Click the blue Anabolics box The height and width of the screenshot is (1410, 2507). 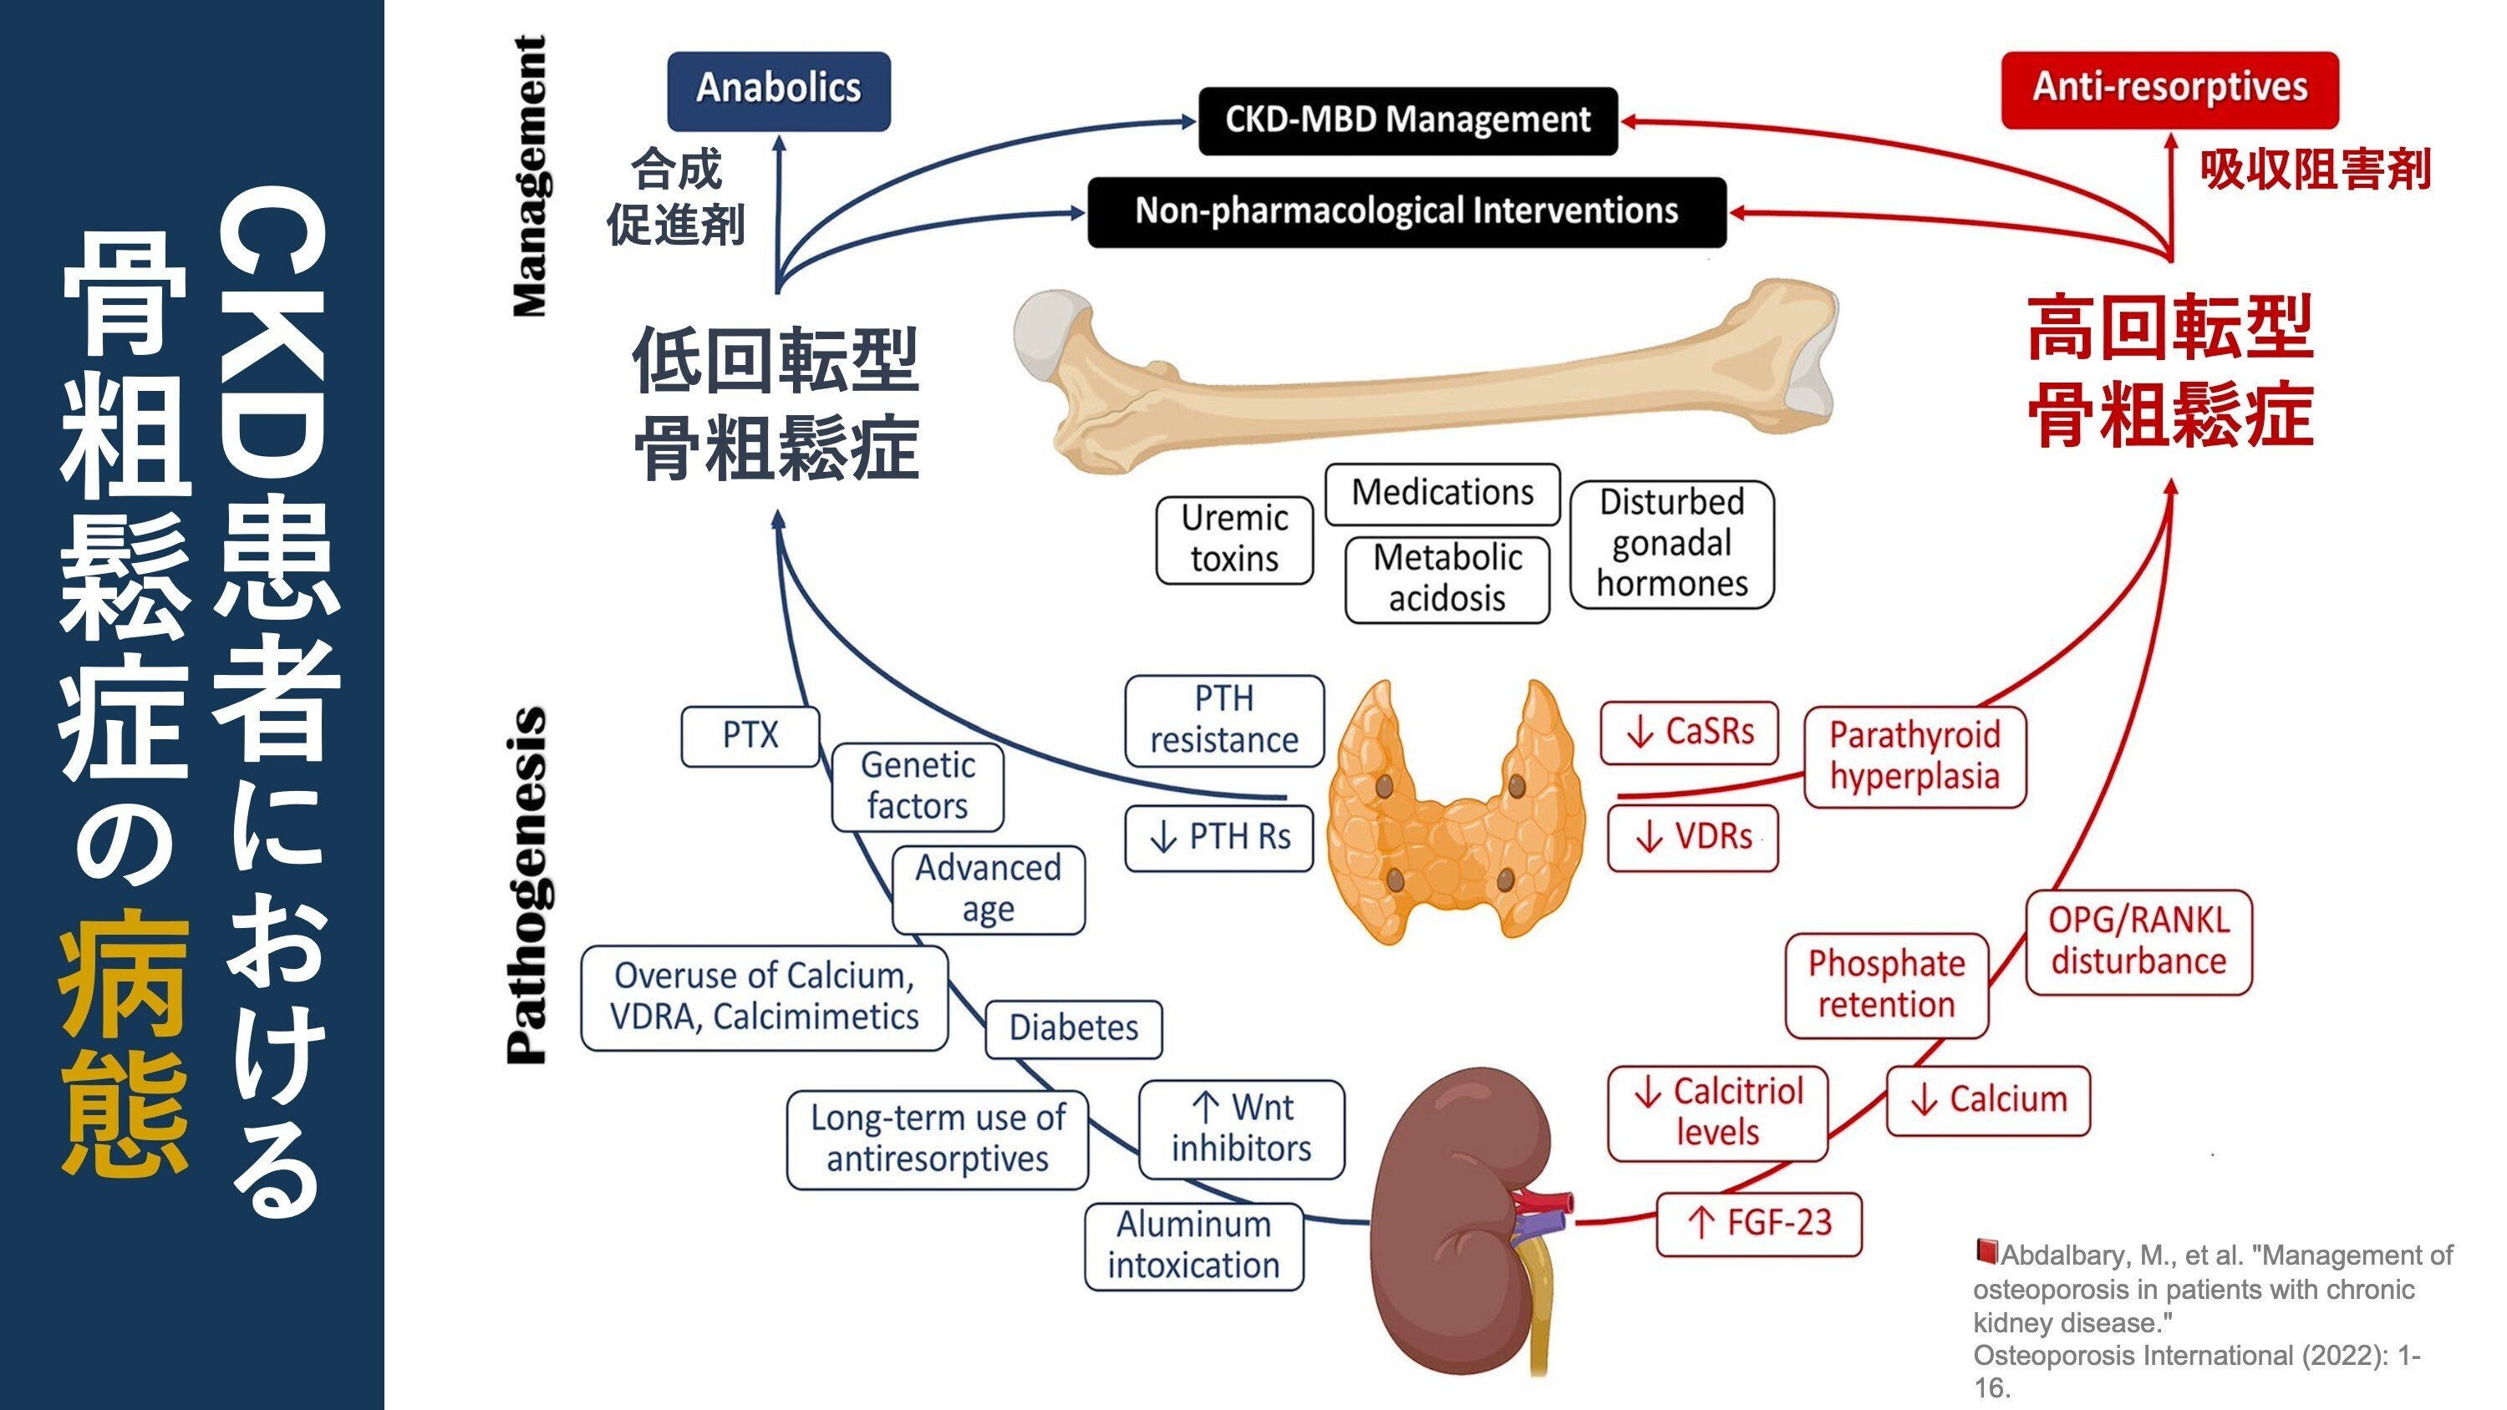[778, 89]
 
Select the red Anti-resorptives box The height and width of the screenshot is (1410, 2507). [2169, 89]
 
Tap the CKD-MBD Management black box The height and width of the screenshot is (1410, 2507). [1407, 120]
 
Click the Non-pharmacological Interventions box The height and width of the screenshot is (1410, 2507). [1406, 211]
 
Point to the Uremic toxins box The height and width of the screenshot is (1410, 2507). [1233, 539]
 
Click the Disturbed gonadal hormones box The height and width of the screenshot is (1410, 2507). [1671, 543]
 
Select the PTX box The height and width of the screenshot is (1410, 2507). [750, 736]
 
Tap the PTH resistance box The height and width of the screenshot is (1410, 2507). [1223, 720]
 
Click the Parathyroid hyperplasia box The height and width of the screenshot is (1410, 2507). [1914, 756]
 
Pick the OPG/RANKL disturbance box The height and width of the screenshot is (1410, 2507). [2138, 941]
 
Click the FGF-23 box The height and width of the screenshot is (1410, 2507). [1758, 1223]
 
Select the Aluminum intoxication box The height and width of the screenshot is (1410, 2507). [1193, 1245]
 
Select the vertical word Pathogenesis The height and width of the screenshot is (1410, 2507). [527, 885]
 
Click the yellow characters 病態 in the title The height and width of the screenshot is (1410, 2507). [125, 1041]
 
